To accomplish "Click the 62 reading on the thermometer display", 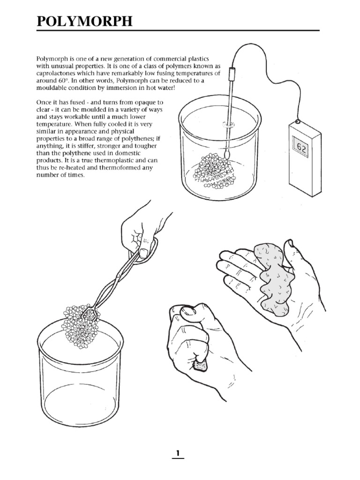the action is pyautogui.click(x=301, y=148).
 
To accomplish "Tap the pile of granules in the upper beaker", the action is pyautogui.click(x=215, y=172).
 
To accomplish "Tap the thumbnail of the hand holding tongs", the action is pyautogui.click(x=143, y=253).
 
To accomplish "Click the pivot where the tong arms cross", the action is pyautogui.click(x=117, y=277).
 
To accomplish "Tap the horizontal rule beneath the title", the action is pyautogui.click(x=178, y=30).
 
